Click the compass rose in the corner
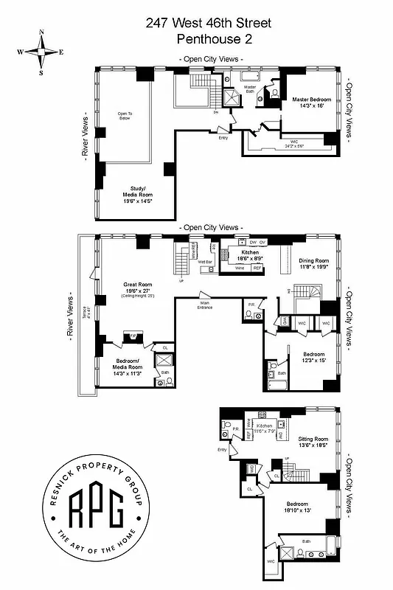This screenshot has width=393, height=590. pyautogui.click(x=41, y=52)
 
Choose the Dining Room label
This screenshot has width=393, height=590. pyautogui.click(x=313, y=264)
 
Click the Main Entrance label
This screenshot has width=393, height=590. pyautogui.click(x=205, y=305)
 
